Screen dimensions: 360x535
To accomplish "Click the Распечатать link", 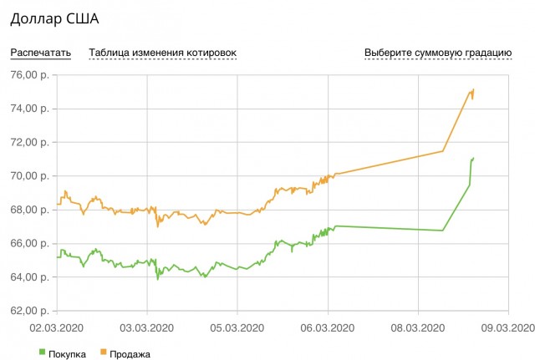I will click(x=40, y=53).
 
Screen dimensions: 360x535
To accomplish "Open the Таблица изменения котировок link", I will click(x=162, y=53).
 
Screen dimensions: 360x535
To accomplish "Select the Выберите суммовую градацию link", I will click(x=438, y=53).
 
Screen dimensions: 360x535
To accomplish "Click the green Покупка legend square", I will click(x=43, y=353).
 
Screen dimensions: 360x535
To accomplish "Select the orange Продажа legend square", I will click(x=104, y=353).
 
